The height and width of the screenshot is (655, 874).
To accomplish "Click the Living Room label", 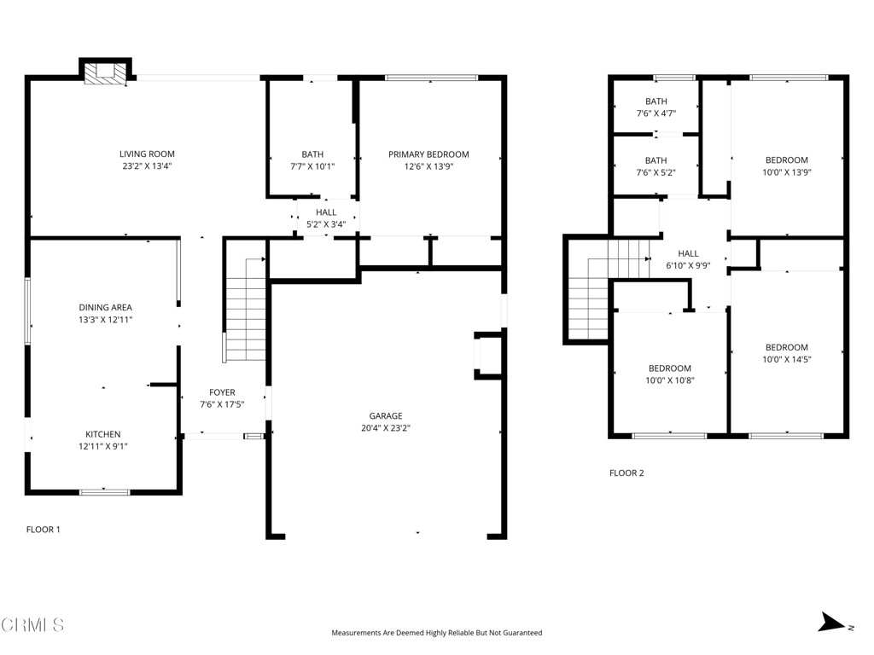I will point(147,154).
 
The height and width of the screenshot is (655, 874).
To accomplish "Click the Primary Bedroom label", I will point(428,154).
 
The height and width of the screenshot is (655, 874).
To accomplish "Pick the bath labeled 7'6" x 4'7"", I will point(655,107).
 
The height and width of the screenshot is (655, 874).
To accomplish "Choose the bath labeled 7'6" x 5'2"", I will point(655,166).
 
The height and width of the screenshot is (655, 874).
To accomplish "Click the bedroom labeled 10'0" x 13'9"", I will point(786,165).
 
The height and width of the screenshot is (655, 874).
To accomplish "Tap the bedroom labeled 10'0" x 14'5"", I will point(786,353).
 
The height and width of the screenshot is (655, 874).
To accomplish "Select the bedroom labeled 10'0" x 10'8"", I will point(669,374).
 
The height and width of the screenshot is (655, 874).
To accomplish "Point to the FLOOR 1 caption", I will point(44,530).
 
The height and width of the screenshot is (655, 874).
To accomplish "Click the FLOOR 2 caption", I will point(626,472).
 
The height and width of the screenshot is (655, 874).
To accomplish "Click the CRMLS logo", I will point(32,625).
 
